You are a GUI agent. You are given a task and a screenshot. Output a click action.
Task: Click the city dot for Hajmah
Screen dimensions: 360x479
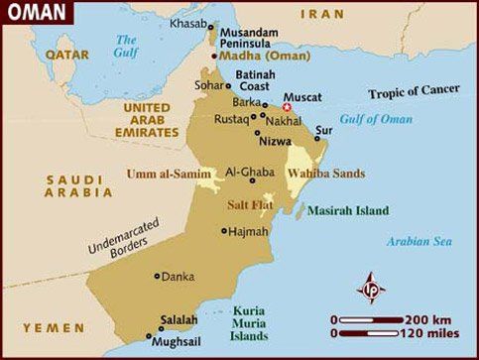click(224, 231)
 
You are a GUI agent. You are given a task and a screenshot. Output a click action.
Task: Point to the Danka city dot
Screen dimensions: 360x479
click(156, 276)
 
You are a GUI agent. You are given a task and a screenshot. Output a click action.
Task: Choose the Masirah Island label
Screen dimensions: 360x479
click(347, 211)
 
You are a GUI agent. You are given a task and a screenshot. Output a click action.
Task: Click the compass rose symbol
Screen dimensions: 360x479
click(373, 289)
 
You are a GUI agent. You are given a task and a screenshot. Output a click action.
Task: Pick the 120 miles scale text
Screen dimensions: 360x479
click(428, 334)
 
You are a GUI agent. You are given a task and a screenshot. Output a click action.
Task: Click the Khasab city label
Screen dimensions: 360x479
click(188, 22)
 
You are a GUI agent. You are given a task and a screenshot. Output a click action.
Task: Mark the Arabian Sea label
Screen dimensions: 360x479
click(419, 240)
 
